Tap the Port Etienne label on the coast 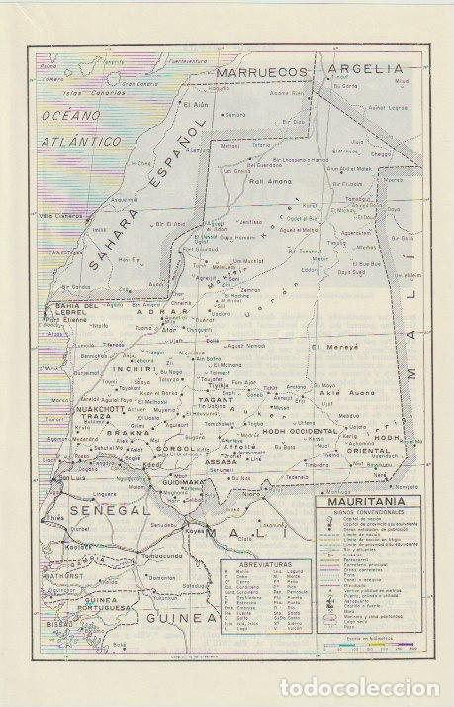coord(61,320)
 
